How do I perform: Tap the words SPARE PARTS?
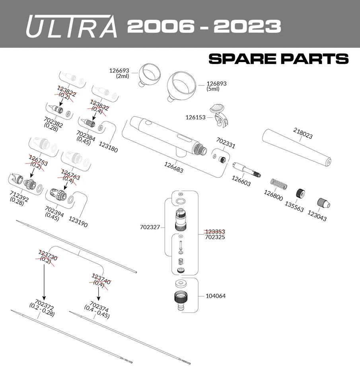click(x=278, y=59)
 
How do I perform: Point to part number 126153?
click(x=195, y=117)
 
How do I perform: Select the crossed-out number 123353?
click(x=215, y=232)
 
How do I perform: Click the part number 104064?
click(x=216, y=296)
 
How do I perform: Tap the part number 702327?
click(x=150, y=227)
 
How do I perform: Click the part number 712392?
click(x=19, y=196)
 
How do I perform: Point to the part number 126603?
click(x=241, y=181)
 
